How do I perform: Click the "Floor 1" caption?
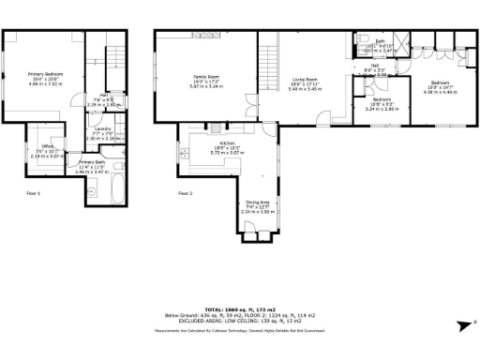(33, 192)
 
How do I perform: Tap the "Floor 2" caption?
(185, 192)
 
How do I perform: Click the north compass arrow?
(461, 324)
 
